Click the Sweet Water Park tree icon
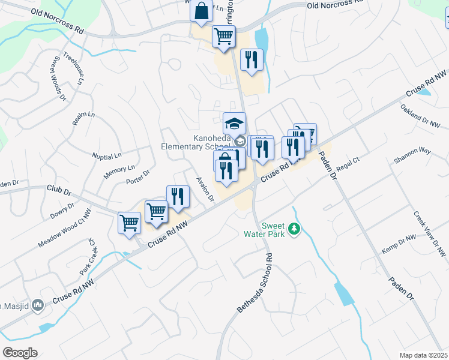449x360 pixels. point(294,229)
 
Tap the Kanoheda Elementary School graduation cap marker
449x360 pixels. point(234,125)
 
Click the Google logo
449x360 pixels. point(20,353)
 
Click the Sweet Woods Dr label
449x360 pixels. point(57,79)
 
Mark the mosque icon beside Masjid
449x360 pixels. point(38,306)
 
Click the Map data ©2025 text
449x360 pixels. point(423,355)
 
